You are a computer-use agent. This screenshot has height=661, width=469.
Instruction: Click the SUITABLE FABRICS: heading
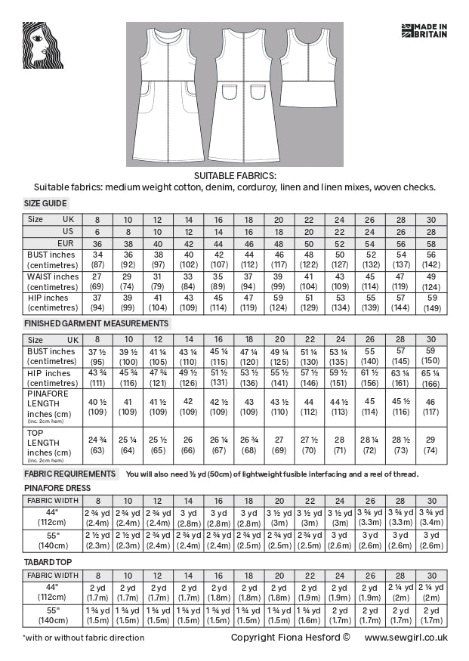[234, 175]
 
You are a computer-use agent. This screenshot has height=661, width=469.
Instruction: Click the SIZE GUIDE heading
[46, 203]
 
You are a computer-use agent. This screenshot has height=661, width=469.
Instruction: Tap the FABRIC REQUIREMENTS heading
[70, 474]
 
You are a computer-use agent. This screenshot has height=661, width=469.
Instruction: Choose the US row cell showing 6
[97, 231]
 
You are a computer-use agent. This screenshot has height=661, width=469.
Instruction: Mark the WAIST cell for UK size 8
[97, 282]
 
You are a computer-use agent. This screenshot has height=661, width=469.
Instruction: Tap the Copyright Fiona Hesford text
[291, 638]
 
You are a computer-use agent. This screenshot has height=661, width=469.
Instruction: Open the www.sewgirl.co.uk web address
[406, 638]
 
